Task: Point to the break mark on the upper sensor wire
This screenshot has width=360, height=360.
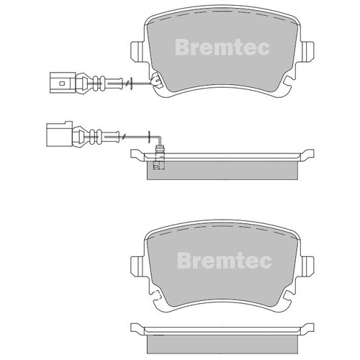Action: [x=127, y=84]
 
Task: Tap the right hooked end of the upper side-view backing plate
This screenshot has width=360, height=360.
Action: [x=310, y=153]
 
